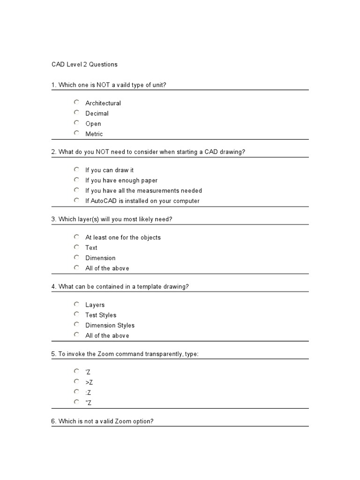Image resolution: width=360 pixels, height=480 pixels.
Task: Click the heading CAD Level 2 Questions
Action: point(84,64)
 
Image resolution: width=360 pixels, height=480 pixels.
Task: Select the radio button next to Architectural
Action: point(76,102)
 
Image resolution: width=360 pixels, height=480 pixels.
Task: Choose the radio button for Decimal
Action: point(76,112)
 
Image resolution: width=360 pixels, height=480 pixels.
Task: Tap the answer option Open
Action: point(93,124)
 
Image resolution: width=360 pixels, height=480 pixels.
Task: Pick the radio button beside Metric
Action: point(76,133)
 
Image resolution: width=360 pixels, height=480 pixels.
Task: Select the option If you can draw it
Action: point(109,170)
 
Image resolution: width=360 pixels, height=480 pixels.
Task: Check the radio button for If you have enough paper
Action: point(76,180)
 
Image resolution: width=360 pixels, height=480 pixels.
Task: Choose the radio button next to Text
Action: point(76,247)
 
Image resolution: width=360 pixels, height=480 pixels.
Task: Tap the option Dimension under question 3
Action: point(100,258)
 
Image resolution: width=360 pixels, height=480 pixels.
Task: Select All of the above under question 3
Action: point(107,268)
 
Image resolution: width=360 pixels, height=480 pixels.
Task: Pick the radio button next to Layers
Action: point(76,304)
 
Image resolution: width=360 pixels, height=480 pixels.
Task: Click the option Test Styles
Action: point(101,315)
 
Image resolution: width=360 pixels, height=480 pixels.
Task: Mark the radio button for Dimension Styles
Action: point(76,324)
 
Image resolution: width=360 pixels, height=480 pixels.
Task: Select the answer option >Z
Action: point(89,382)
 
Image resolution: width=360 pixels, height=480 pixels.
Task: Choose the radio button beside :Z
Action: point(76,391)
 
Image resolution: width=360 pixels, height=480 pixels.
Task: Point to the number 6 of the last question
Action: point(53,421)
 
